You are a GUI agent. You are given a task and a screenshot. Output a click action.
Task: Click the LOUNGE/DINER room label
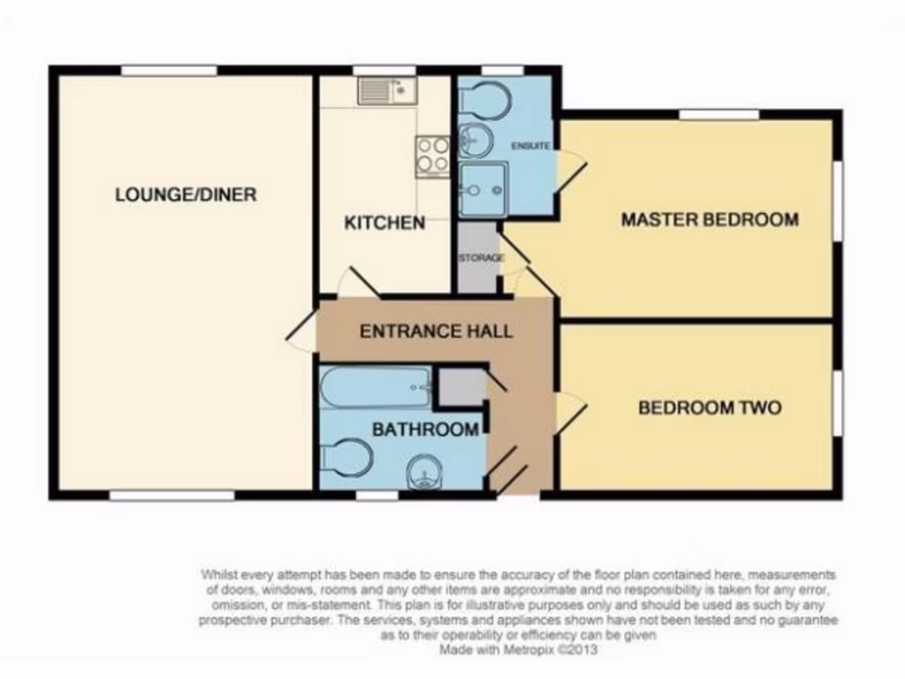click(186, 195)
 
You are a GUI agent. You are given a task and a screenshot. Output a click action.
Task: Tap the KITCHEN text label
click(384, 223)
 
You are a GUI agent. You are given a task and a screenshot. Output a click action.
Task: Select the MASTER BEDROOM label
click(709, 219)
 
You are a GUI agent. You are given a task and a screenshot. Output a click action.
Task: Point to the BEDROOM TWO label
click(710, 408)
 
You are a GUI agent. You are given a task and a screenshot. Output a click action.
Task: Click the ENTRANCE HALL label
click(436, 332)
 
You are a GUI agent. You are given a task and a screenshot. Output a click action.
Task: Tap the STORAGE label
click(480, 258)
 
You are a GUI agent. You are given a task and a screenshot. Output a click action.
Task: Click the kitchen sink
click(387, 90)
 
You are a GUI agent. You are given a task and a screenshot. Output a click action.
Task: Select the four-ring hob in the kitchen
click(433, 155)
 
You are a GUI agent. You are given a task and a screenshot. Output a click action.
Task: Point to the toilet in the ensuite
click(483, 100)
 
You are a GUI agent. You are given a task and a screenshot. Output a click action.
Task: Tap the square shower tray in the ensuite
click(483, 189)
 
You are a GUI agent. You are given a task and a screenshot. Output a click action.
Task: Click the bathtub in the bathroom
click(376, 387)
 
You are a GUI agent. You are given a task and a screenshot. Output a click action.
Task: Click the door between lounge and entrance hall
click(302, 331)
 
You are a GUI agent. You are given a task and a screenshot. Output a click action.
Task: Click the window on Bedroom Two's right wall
click(837, 402)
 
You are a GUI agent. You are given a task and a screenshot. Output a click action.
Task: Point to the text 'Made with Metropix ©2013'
click(520, 649)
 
